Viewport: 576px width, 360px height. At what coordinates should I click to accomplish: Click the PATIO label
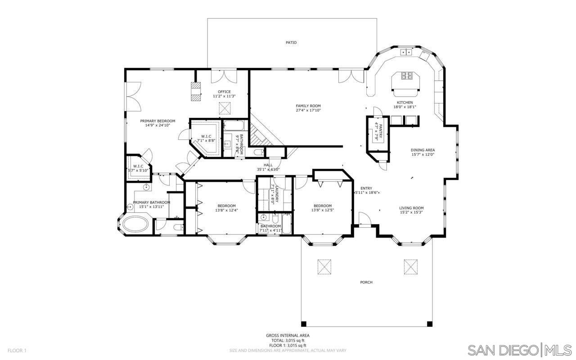point(291,42)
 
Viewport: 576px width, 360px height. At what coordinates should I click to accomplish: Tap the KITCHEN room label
point(403,103)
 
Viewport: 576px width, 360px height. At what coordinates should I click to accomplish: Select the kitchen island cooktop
point(407,76)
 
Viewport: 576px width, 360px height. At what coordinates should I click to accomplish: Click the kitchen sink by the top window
point(407,52)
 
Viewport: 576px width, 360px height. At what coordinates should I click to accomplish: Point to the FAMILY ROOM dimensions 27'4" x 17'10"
point(308,110)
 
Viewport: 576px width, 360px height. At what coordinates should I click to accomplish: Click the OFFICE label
point(224,92)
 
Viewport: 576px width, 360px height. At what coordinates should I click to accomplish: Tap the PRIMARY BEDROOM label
point(157,121)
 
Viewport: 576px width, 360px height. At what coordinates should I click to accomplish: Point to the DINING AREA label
point(423,150)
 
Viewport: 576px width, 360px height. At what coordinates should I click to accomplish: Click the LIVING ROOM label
point(411,208)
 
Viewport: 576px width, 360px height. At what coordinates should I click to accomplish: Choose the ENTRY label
point(366,188)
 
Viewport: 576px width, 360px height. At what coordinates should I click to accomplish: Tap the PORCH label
point(366,282)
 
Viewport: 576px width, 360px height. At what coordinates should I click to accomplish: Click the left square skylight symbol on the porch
point(324,266)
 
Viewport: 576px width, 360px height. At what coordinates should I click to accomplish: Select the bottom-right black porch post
point(429,324)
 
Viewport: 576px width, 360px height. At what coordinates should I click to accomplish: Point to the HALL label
point(268,165)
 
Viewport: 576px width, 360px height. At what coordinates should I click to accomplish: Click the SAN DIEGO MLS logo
point(519,350)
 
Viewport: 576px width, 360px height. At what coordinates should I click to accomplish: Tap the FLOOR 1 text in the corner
point(17,350)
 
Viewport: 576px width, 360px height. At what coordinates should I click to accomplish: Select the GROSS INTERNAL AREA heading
point(288,335)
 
